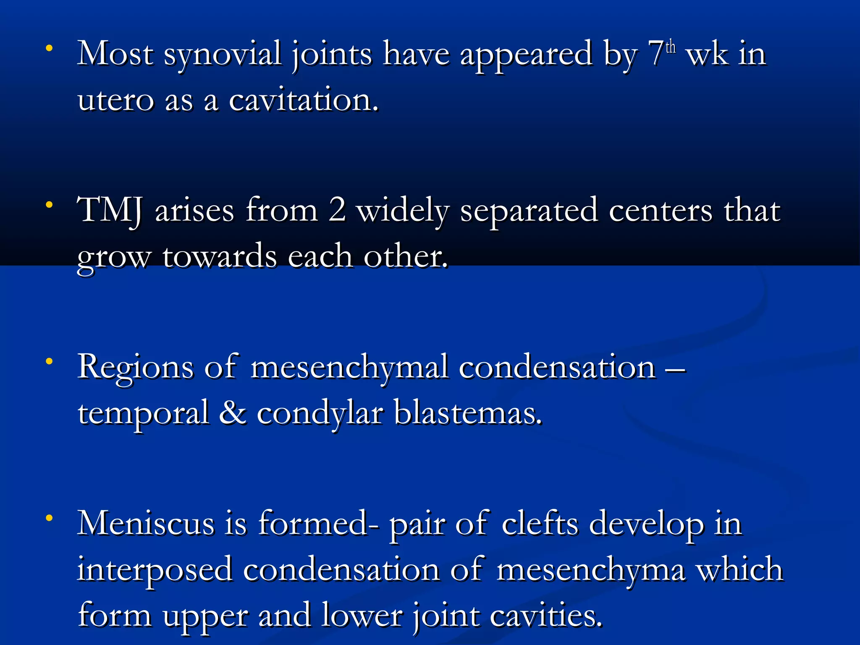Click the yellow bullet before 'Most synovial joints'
tap(50, 49)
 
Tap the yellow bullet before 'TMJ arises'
tap(50, 205)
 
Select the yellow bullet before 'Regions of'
tap(50, 361)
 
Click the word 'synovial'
tap(222, 55)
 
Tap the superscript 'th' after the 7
tap(671, 47)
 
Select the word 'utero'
tap(116, 101)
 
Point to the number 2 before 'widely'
tap(337, 210)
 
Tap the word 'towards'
tap(220, 257)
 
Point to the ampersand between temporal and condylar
tap(233, 413)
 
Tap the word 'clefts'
tap(540, 524)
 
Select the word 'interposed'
tap(155, 570)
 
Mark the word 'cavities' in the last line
tap(545, 616)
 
